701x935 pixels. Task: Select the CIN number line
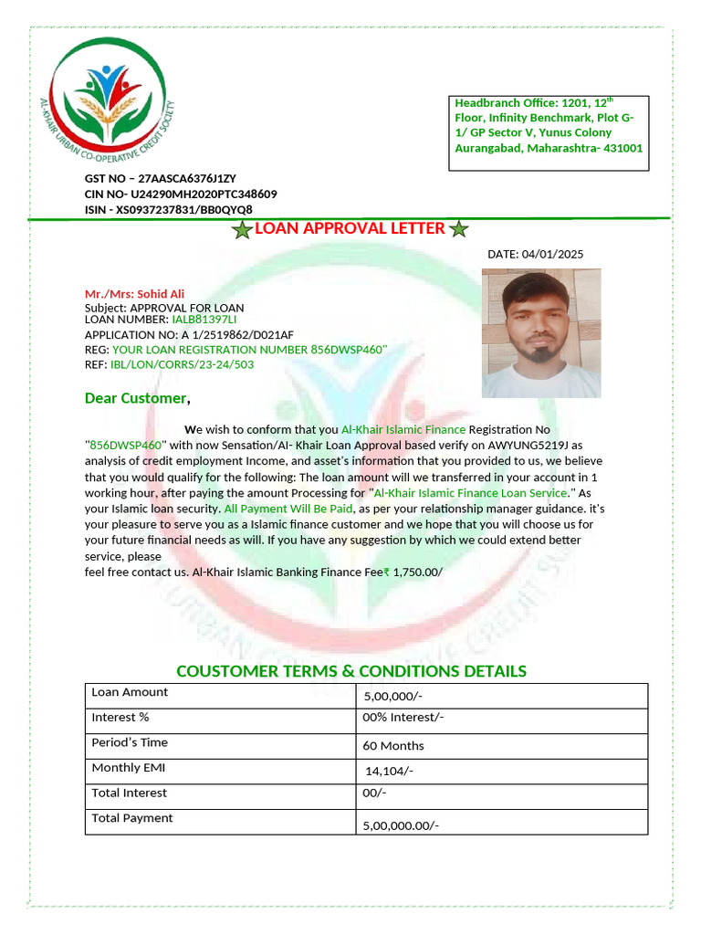pyautogui.click(x=181, y=194)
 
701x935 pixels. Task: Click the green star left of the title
pyautogui.click(x=242, y=230)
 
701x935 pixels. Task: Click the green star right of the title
pyautogui.click(x=459, y=230)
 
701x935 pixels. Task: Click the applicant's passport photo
pyautogui.click(x=541, y=332)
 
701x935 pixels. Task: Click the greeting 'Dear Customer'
pyautogui.click(x=137, y=398)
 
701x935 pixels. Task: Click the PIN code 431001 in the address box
pyautogui.click(x=621, y=148)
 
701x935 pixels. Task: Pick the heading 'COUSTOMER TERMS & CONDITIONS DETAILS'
pyautogui.click(x=351, y=672)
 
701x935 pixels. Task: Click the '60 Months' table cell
pyautogui.click(x=393, y=746)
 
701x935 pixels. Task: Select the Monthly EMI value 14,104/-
pyautogui.click(x=389, y=772)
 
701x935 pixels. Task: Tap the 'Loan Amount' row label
pyautogui.click(x=130, y=692)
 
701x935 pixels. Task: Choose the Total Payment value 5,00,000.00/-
pyautogui.click(x=402, y=826)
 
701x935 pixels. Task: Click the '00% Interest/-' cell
pyautogui.click(x=403, y=718)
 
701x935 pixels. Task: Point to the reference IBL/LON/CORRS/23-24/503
pyautogui.click(x=182, y=364)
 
